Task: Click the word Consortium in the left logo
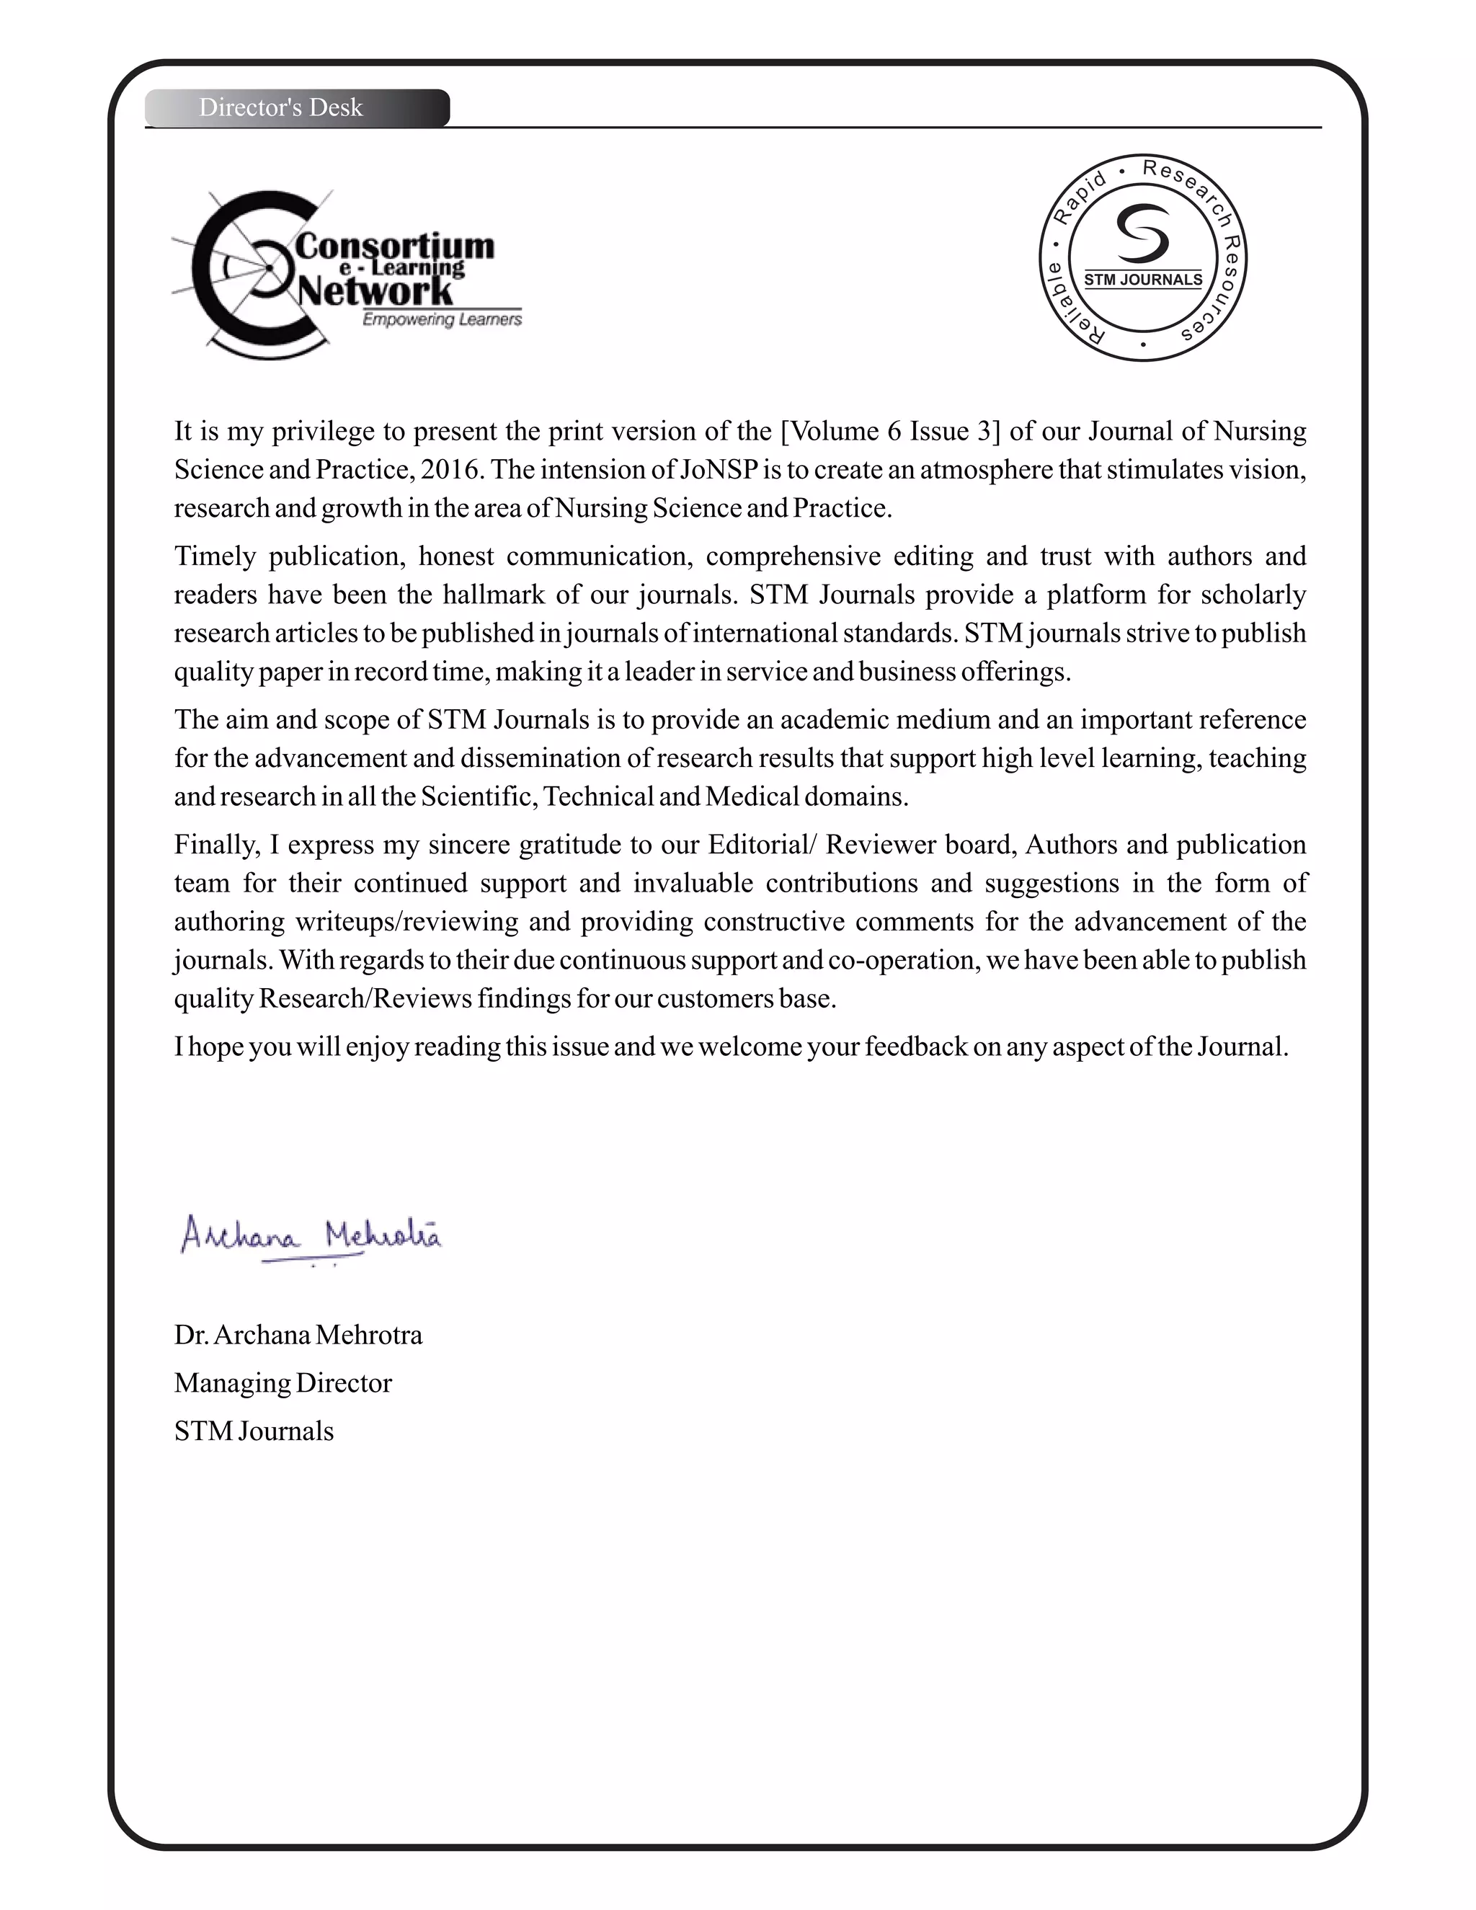point(395,246)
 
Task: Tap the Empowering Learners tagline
point(442,320)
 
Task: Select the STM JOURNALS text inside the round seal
point(1143,280)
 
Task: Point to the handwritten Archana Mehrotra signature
point(311,1235)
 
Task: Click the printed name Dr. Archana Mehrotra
point(298,1335)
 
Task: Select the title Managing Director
point(283,1382)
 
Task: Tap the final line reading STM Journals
point(254,1431)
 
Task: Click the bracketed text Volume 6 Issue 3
point(890,431)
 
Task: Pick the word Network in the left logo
point(376,290)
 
